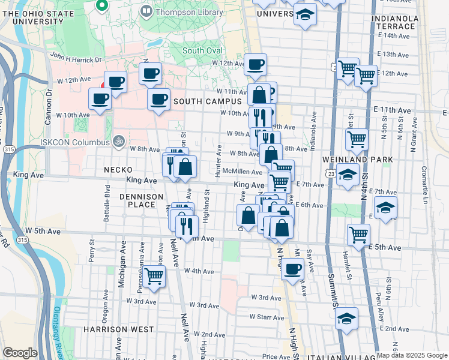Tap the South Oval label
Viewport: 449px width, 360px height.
pyautogui.click(x=202, y=51)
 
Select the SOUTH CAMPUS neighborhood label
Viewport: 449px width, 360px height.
pyautogui.click(x=207, y=102)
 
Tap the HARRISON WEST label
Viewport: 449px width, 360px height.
pyautogui.click(x=118, y=329)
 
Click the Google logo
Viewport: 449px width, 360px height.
pyautogui.click(x=20, y=353)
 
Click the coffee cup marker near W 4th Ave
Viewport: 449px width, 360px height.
pyautogui.click(x=292, y=269)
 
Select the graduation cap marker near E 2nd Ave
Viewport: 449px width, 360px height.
pyautogui.click(x=346, y=319)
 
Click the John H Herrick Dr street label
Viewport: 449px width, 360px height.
pyautogui.click(x=76, y=57)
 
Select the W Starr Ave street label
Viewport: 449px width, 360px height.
pyautogui.click(x=271, y=316)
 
